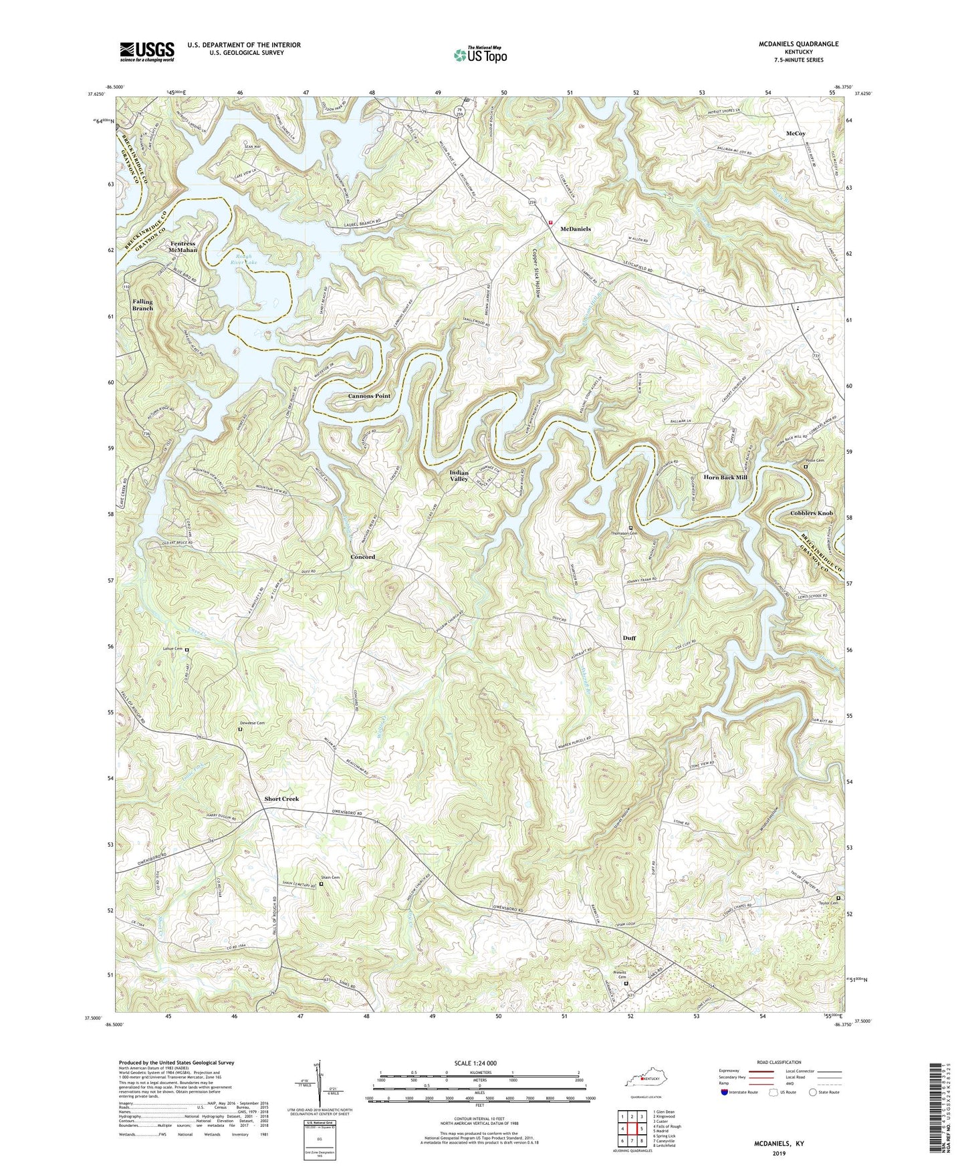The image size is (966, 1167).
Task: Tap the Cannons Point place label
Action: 369,396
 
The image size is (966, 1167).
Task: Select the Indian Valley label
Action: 459,476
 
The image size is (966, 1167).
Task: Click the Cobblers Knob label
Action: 812,513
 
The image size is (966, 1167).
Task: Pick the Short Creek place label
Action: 281,799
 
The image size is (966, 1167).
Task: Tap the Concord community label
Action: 363,557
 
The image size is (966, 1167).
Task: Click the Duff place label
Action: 629,638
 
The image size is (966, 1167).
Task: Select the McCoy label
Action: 796,134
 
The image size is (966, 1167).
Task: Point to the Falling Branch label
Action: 142,305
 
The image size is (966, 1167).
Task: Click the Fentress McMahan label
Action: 183,247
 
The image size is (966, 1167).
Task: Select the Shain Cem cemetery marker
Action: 321,884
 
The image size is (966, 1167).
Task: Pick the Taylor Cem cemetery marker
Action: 839,898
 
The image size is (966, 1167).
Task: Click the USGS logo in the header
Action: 147,51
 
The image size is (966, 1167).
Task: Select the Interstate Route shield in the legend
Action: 725,1092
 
